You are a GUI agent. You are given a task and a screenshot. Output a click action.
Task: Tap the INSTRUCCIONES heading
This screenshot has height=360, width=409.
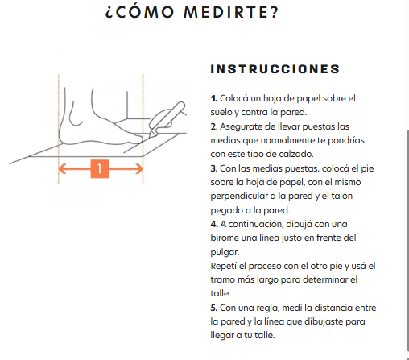275,69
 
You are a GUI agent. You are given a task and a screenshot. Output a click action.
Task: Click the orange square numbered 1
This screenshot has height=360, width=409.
100,169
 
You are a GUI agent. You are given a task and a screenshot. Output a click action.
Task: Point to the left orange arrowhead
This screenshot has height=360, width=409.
63,169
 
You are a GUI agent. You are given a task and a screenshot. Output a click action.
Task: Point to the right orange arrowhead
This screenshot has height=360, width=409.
139,169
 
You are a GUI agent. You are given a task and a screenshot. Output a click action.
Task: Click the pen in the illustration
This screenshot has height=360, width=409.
167,118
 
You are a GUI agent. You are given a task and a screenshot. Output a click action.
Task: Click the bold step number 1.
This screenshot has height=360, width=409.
214,98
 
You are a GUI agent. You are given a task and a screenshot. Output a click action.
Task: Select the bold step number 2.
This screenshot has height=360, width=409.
214,126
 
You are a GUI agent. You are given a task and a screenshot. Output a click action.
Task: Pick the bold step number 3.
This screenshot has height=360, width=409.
214,168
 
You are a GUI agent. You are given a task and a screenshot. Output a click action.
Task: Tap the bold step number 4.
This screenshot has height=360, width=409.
214,224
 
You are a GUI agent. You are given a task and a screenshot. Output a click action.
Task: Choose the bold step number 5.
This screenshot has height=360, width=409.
214,308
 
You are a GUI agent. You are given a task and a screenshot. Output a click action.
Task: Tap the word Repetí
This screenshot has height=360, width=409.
224,266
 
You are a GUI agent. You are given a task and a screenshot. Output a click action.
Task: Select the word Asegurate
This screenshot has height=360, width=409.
242,127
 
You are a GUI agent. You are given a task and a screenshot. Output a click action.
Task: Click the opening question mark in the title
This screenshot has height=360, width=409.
109,14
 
